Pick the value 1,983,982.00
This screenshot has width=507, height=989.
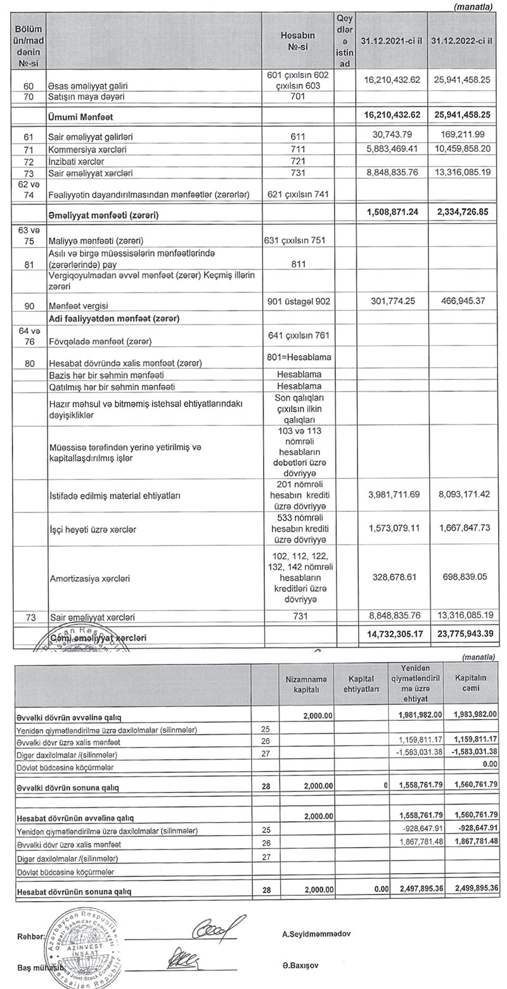[x=470, y=714]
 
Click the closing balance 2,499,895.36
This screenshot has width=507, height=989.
[x=470, y=889]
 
